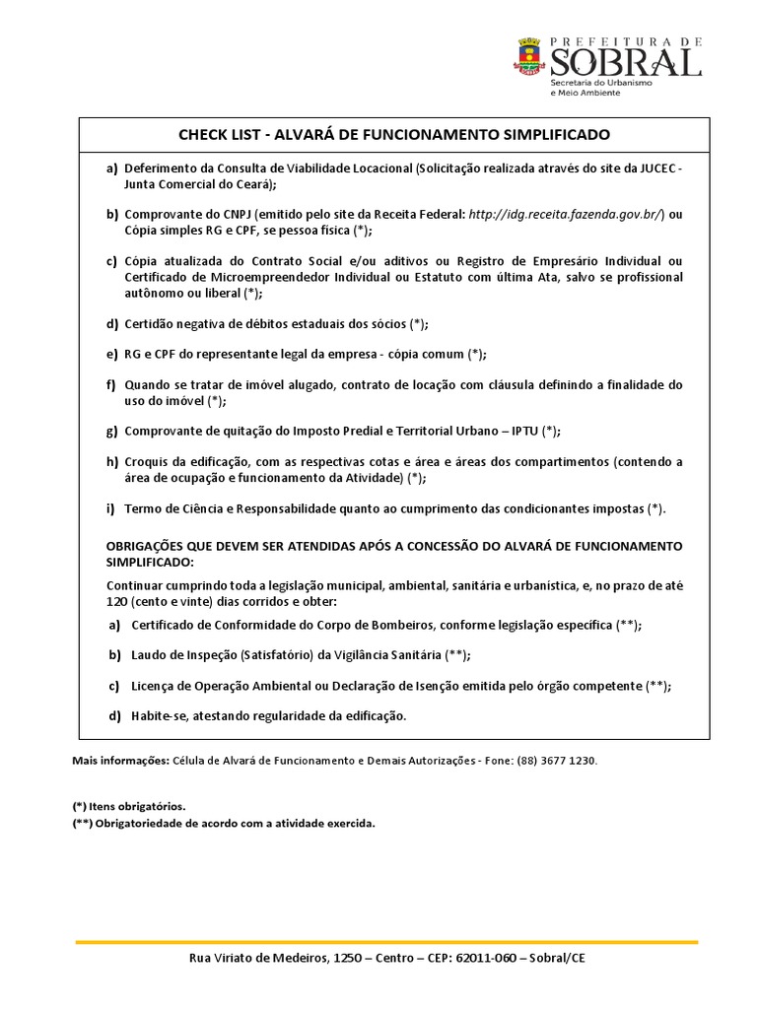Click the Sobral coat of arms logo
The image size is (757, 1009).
click(529, 56)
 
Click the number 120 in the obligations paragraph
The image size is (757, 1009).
click(117, 601)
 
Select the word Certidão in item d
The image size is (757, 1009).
click(151, 323)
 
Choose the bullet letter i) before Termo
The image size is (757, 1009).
click(110, 508)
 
